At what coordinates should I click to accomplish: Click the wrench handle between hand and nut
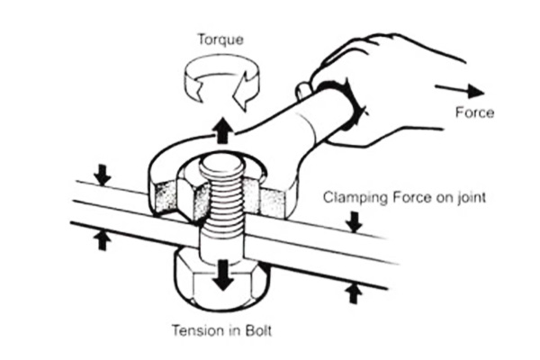[288, 126]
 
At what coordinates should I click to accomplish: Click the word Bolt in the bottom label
[257, 330]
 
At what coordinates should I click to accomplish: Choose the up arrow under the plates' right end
[354, 292]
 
